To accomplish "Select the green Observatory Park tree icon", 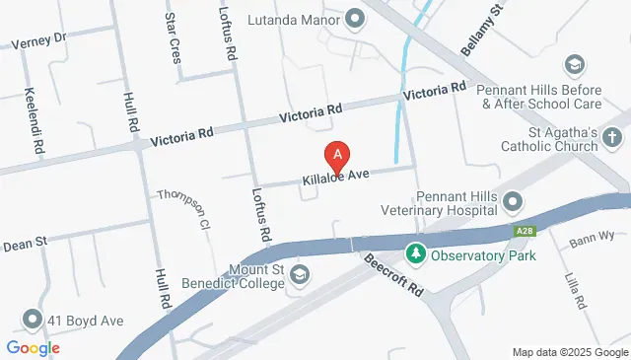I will pos(417,254).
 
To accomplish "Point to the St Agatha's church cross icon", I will pos(612,139).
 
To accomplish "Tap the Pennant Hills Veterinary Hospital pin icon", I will pos(512,204).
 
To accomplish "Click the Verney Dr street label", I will pos(37,40).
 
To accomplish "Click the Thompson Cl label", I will pos(184,209).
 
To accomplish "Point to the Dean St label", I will pos(27,242).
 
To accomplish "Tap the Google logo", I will pos(33,347).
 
